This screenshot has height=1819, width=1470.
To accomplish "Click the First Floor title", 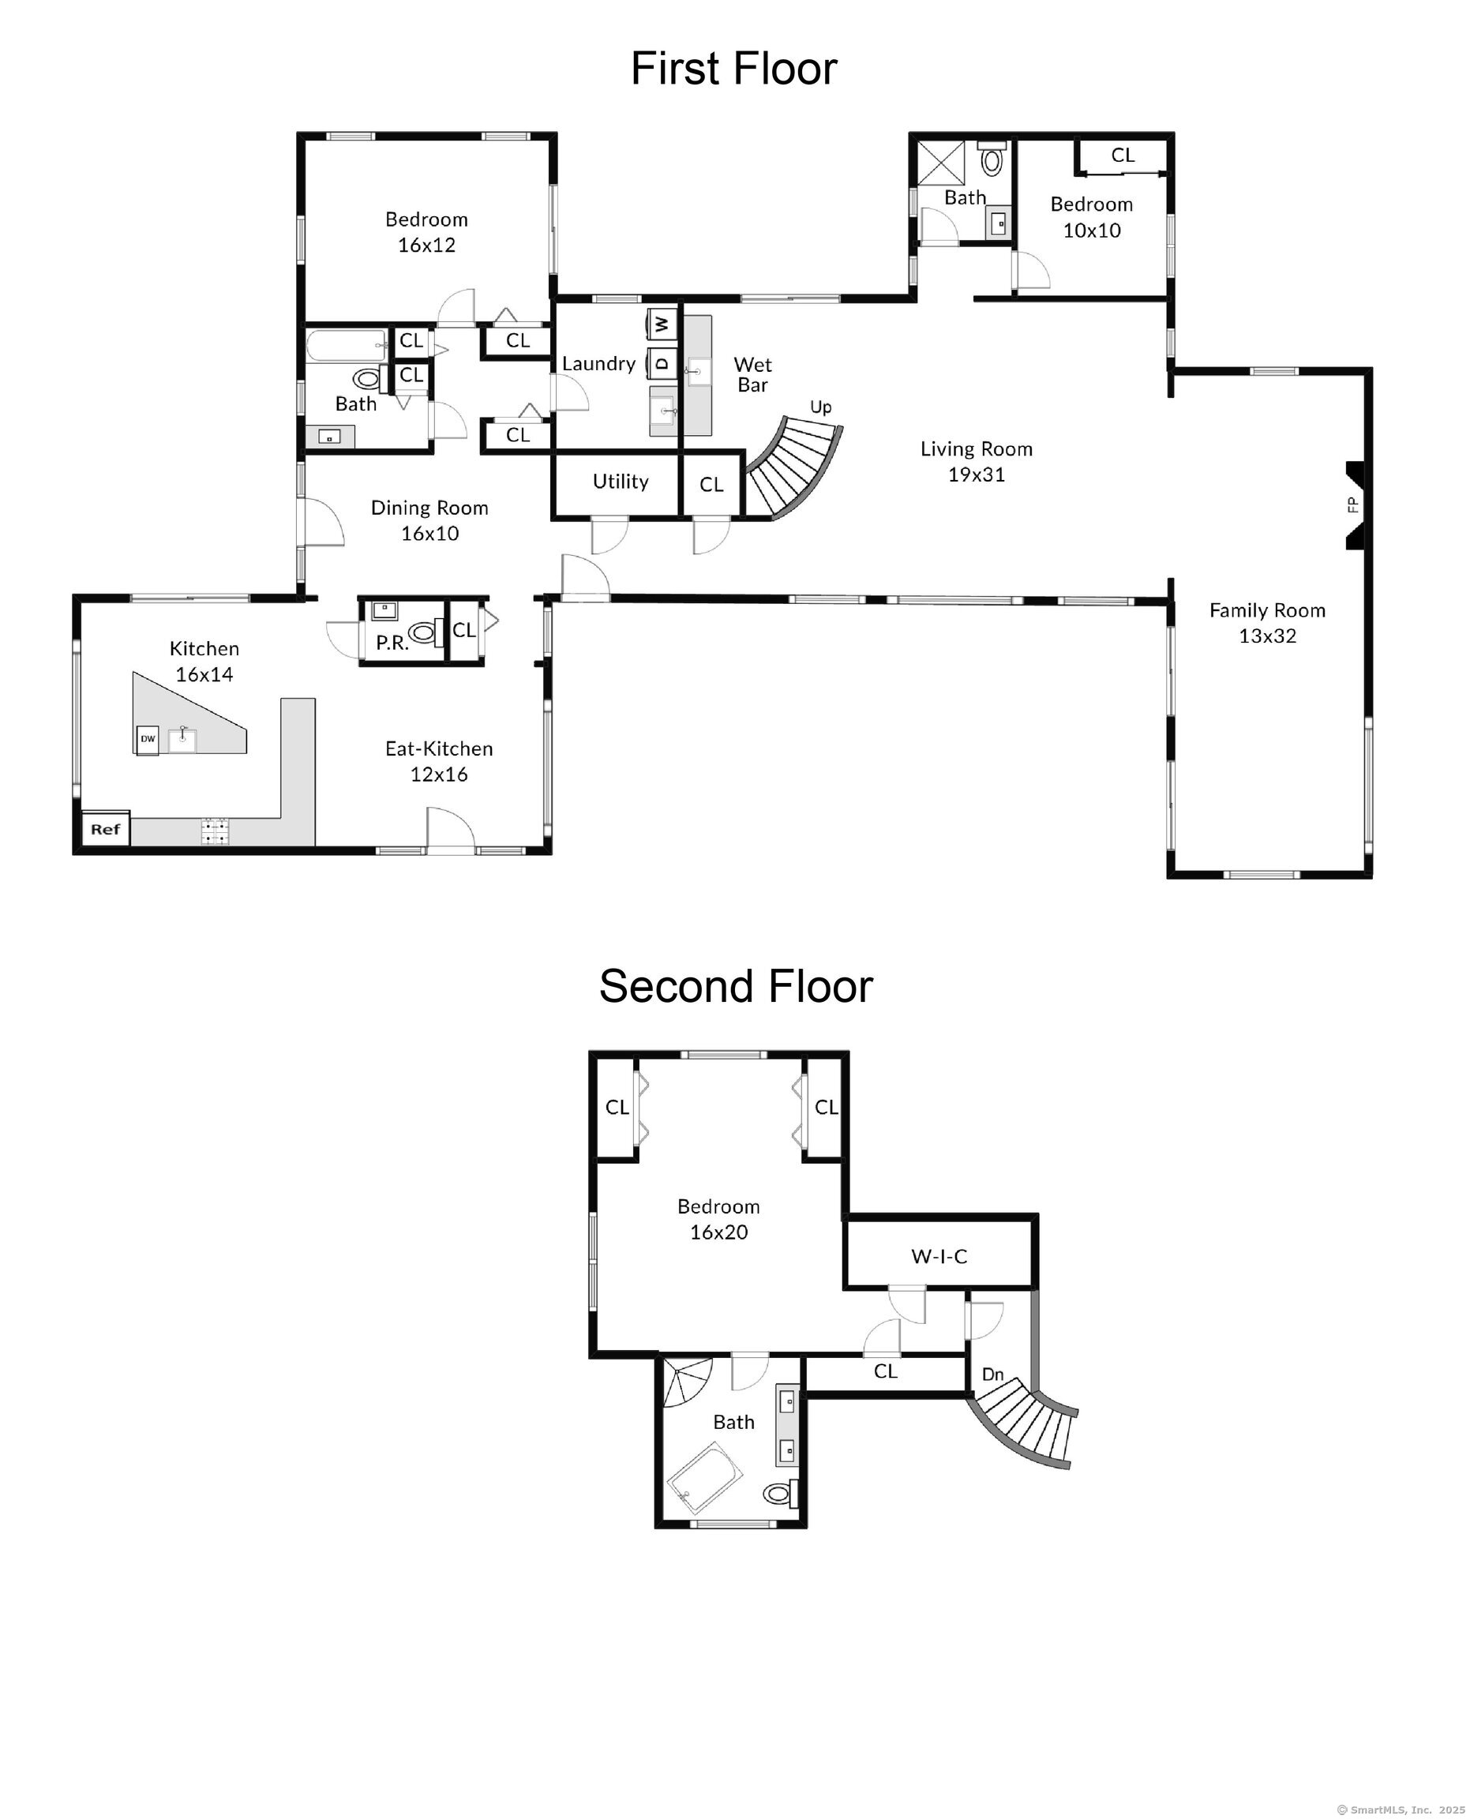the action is click(734, 69).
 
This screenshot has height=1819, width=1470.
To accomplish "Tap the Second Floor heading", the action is click(736, 987).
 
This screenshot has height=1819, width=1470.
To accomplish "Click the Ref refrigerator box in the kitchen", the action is click(106, 829).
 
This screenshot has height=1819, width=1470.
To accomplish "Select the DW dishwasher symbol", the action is click(148, 739).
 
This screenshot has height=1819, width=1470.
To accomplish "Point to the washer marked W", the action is click(662, 323).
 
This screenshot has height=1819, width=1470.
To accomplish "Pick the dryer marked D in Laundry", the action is click(662, 362).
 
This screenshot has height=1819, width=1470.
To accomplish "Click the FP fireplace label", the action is click(1352, 504).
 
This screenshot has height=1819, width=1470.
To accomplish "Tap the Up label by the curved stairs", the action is click(820, 407).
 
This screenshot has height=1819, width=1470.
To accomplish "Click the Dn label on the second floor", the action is click(992, 1375).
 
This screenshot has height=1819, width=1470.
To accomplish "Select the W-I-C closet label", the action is click(939, 1257).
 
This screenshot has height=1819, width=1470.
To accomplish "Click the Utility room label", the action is click(621, 482).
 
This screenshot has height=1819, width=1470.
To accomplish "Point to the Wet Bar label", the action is click(753, 374).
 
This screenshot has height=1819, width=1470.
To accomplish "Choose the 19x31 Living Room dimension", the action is click(977, 475).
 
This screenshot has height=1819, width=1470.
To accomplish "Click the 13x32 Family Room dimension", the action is click(1268, 636).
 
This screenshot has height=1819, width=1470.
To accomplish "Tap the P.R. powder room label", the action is click(392, 643).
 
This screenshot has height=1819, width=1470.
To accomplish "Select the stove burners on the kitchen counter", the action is click(215, 831).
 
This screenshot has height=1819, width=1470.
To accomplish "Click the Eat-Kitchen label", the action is click(439, 748).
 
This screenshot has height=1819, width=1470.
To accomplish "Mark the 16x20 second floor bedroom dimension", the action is click(719, 1232).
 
